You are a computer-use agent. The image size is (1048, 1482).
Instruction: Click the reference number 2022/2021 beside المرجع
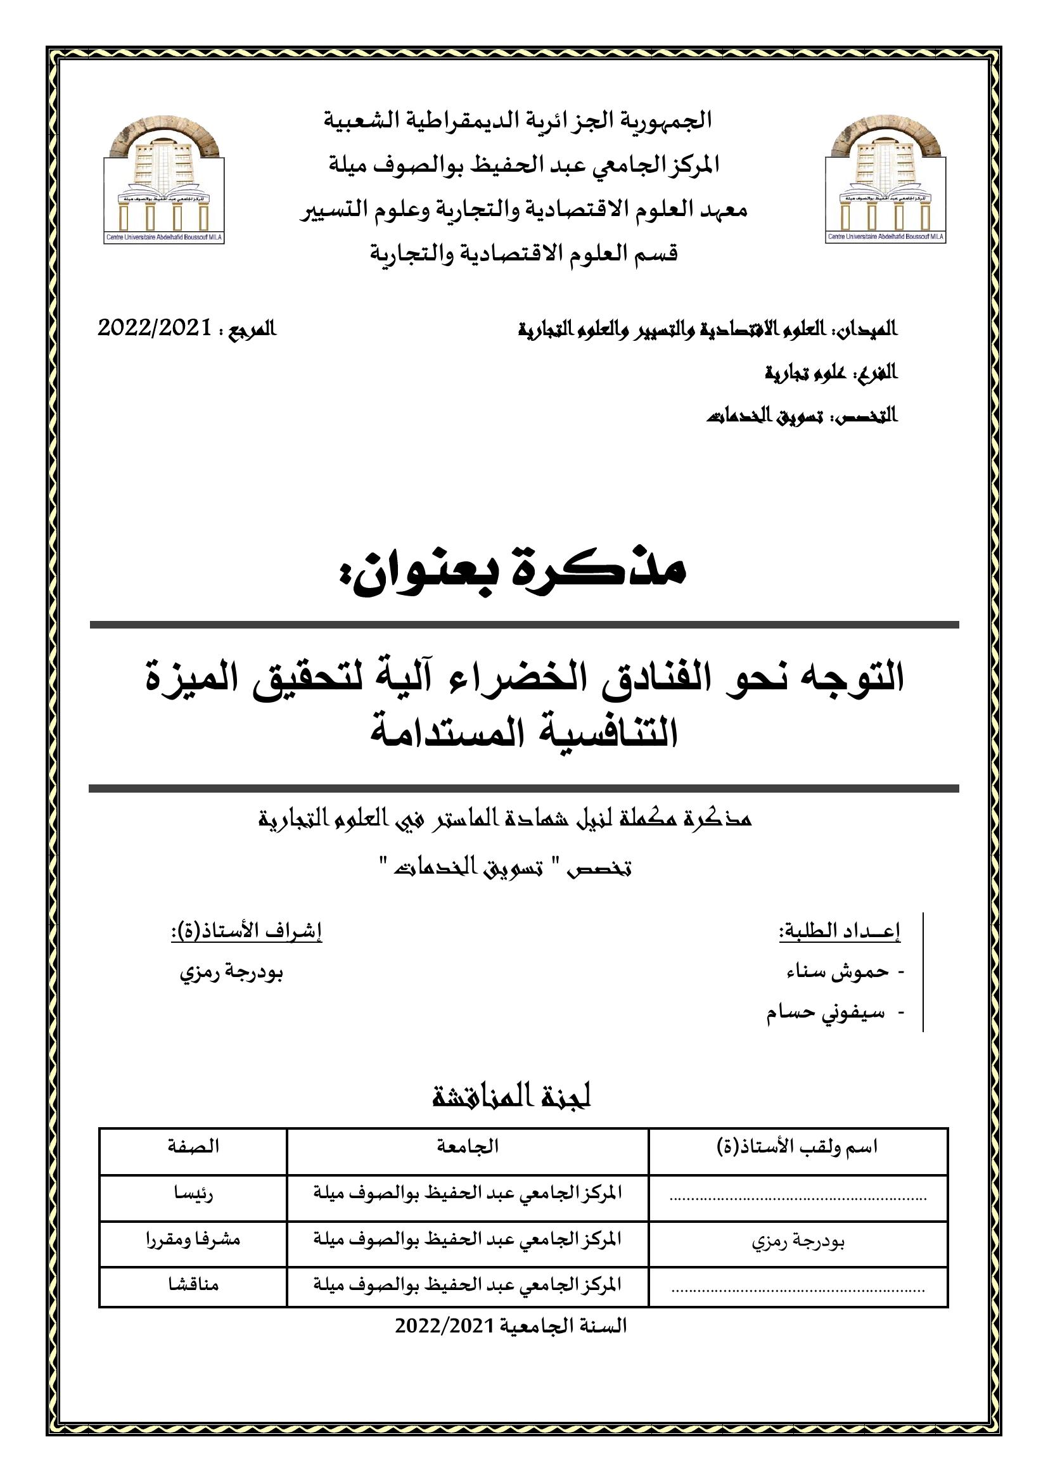pos(155,329)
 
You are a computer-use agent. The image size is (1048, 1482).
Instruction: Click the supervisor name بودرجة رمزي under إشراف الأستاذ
pos(231,973)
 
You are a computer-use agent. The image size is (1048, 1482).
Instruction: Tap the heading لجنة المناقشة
pos(512,1098)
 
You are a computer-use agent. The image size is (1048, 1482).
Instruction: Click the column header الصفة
pos(193,1146)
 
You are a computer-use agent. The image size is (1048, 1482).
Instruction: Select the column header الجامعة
pos(467,1146)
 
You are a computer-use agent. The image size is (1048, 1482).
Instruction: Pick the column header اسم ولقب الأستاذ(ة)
pos(798,1147)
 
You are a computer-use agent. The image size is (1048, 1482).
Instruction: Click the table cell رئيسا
pos(193,1193)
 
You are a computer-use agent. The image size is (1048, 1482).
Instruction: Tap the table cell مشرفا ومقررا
pos(193,1239)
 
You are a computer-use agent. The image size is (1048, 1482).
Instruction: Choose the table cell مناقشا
pos(193,1284)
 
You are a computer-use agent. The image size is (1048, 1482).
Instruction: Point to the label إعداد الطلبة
pos(840,931)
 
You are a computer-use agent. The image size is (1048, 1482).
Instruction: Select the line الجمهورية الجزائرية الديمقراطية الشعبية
pos(517,121)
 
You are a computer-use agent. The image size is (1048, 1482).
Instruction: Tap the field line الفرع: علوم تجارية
pos(831,373)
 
